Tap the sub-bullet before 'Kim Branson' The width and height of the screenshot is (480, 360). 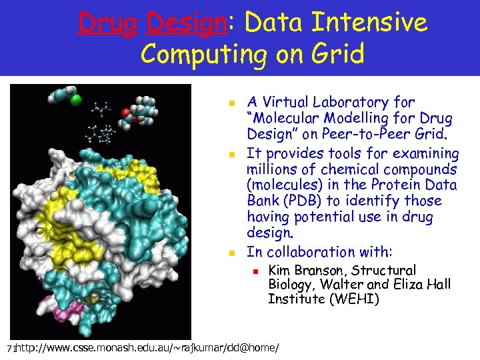pyautogui.click(x=254, y=271)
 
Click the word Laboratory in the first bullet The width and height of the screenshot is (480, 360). pyautogui.click(x=375, y=103)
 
